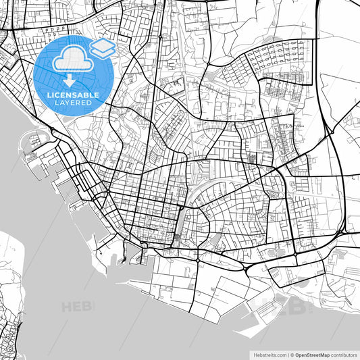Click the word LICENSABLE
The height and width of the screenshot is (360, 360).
click(x=72, y=95)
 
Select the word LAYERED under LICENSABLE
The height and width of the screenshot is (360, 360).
click(x=72, y=103)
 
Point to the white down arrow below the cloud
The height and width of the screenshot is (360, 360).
click(x=70, y=82)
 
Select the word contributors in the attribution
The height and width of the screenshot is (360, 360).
click(x=344, y=354)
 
